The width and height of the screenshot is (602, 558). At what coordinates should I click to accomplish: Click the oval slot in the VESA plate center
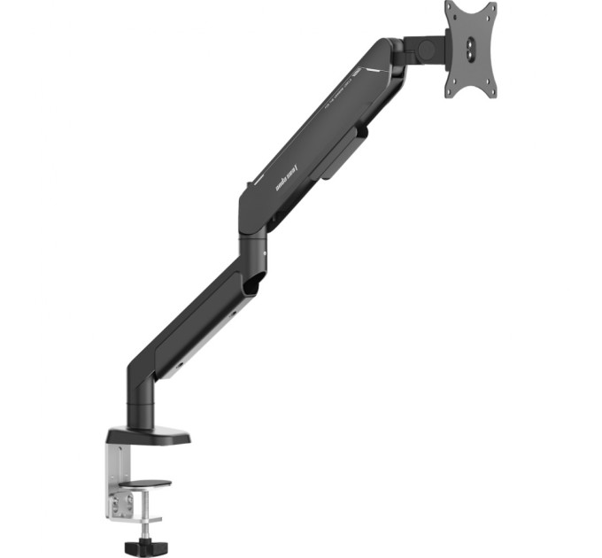470,49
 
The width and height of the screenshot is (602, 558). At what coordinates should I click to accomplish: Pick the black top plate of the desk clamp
149,436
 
